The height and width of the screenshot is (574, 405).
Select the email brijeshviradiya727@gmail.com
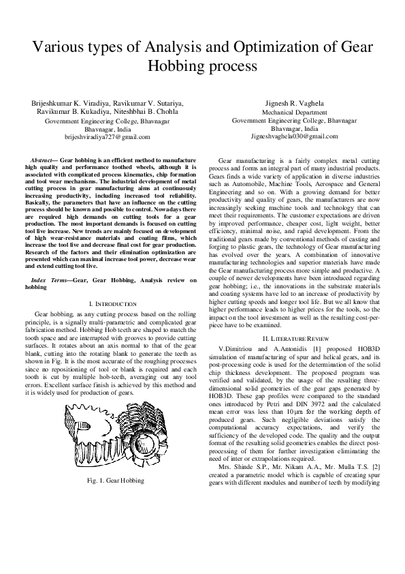pos(107,137)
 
